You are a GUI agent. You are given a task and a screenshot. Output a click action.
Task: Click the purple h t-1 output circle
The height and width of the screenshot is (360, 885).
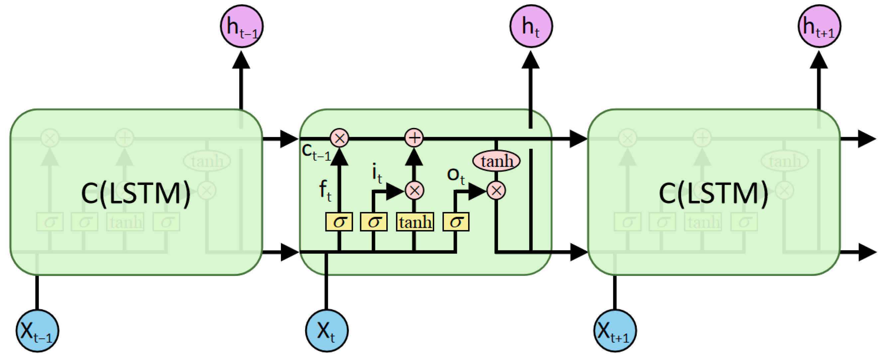pos(241,27)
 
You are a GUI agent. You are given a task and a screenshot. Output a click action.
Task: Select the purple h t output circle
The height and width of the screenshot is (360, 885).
pos(531,27)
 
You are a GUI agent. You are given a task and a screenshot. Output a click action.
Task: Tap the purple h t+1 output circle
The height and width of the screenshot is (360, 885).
pos(820,27)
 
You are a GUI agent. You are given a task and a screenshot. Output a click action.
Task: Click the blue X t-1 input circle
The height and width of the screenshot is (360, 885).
pos(37,331)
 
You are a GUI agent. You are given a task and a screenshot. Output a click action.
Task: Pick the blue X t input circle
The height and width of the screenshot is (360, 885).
pos(327,331)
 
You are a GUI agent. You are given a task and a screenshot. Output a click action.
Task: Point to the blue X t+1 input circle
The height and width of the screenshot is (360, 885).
pos(615,331)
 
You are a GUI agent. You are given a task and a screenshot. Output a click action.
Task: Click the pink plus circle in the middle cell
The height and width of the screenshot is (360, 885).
pos(414,138)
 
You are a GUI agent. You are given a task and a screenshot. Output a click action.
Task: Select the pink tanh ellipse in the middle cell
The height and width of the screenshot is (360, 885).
pos(496,161)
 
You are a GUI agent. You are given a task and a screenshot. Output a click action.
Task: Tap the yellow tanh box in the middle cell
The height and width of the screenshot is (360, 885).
pos(415,222)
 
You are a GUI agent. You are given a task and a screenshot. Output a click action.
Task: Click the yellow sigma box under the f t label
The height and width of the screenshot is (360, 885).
pos(339,222)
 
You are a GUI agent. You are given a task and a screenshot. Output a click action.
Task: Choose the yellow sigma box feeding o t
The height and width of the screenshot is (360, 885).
pos(456,222)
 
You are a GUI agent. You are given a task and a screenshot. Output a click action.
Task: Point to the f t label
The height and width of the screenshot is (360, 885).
pos(325,190)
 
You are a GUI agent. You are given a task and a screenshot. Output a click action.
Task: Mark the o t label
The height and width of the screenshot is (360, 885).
pos(455,176)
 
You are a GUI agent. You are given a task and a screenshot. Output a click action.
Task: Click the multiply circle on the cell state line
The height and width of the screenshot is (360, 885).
pos(339,138)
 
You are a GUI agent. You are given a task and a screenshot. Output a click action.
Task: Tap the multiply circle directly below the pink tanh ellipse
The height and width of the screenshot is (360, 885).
pos(496,190)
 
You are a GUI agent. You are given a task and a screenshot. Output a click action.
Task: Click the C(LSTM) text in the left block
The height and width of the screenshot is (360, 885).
pos(136,193)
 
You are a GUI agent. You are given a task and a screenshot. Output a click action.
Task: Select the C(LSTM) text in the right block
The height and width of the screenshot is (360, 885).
pos(713,193)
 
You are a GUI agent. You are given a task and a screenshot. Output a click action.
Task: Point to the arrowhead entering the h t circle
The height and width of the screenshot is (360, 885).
pos(531,60)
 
